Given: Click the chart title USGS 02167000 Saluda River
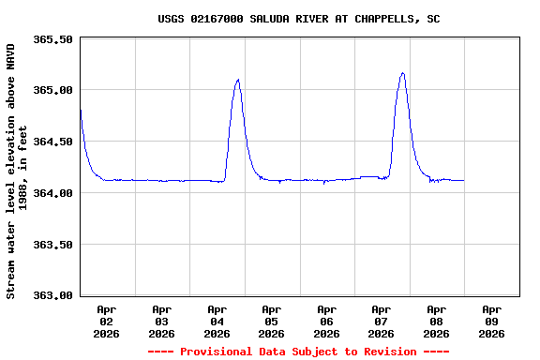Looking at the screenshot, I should pos(298,19).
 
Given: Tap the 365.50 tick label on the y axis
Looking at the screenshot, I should pos(52,39).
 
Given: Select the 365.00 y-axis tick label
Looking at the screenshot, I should pos(52,91).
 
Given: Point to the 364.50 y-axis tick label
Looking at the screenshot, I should pos(52,142).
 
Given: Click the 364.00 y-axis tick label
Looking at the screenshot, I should pos(52,193).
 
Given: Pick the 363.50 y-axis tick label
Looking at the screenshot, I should pos(52,245).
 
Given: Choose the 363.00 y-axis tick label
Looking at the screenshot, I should pos(52,295).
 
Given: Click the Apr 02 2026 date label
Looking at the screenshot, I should pos(107,321).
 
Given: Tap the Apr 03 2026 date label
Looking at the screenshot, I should pos(161,321).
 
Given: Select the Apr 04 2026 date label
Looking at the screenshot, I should pos(217,321).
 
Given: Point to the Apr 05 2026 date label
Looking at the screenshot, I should pos(271,321).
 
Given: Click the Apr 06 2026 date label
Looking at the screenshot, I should pos(326,321).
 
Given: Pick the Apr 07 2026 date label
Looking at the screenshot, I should pos(381,321).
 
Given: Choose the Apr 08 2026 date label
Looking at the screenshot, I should pos(436,321).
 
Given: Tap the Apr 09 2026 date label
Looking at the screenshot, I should pos(490,321).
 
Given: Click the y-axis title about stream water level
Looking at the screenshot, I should pos(17,171).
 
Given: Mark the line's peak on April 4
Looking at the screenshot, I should pos(238,80).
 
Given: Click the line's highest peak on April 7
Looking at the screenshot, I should pos(402,73).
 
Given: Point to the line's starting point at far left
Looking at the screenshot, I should pos(81,111).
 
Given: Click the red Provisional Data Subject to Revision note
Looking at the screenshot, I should pos(298,352).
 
